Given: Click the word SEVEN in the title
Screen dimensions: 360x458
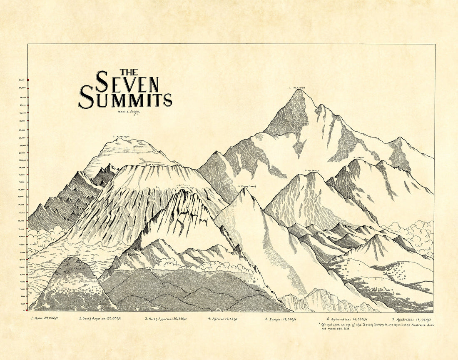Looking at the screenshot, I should (x=127, y=82).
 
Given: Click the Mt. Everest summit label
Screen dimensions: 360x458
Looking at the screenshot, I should (x=298, y=88).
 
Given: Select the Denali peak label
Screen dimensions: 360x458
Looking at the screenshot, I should (x=359, y=157).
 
